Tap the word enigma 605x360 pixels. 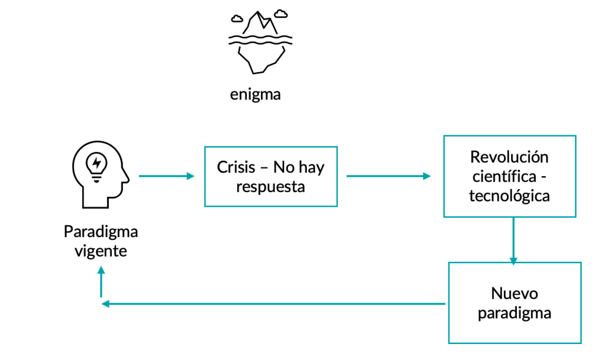click(255, 94)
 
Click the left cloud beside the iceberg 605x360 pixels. click(237, 17)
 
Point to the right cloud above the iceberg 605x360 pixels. click(281, 12)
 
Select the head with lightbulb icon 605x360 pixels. click(99, 176)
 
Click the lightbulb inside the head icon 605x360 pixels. click(96, 164)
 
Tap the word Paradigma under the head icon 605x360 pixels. click(101, 231)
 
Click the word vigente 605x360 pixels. click(101, 251)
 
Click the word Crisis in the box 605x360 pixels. click(235, 167)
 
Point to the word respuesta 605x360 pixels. click(270, 187)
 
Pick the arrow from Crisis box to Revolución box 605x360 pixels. click(389, 176)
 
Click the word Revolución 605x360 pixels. click(509, 157)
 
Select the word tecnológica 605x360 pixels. click(509, 196)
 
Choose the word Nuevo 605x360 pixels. click(515, 293)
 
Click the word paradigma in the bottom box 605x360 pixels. click(515, 313)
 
